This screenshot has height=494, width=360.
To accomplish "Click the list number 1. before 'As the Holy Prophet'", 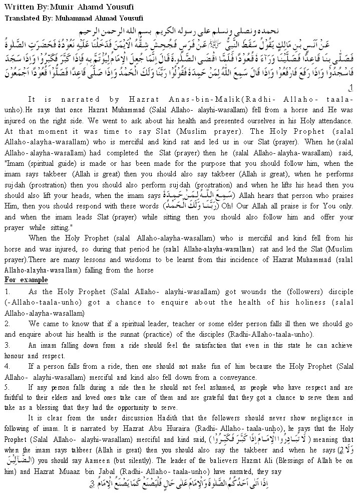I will coord(7,291).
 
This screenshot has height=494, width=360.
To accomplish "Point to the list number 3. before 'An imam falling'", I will coord(7,346).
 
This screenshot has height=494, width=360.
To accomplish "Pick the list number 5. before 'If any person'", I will coord(7,387).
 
